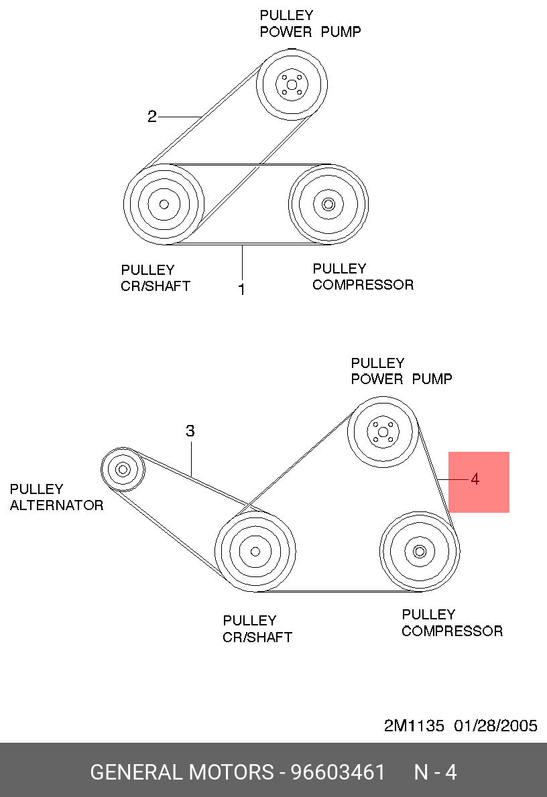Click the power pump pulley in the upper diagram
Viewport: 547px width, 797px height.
coord(292,84)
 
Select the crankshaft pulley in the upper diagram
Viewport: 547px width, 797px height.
coord(163,204)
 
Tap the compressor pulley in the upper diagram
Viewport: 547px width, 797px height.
coord(328,203)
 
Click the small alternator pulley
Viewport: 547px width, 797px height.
coord(123,469)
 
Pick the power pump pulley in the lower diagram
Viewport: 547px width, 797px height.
coord(383,432)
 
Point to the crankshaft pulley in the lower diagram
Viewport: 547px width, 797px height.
coord(255,551)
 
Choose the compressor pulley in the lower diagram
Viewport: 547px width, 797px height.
coord(420,551)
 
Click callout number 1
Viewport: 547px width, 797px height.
coord(242,290)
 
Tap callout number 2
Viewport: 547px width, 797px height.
coord(152,117)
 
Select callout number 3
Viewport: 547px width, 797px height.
coord(190,431)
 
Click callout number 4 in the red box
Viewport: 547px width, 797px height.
coord(475,479)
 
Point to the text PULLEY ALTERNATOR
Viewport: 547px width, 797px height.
coord(56,497)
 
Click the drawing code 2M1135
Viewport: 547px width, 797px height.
coord(414,726)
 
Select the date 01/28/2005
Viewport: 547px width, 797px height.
coord(495,726)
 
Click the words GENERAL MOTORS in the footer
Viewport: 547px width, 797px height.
coord(182,772)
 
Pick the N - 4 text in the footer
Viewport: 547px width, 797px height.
coord(435,772)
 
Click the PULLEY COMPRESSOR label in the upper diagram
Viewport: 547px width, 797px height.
coord(363,277)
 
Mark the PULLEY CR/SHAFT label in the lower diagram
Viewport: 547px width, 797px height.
coord(257,629)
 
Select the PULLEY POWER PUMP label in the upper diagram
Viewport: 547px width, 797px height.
coord(310,23)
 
